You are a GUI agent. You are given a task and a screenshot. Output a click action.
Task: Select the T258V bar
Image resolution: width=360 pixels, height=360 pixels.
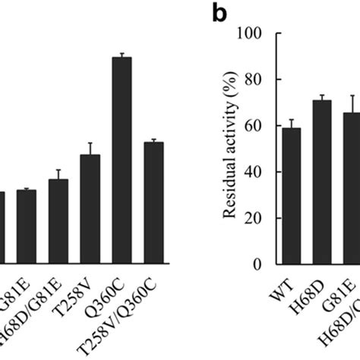click(x=90, y=210)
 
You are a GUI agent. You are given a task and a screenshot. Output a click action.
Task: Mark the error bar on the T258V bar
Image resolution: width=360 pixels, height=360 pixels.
click(x=90, y=148)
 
